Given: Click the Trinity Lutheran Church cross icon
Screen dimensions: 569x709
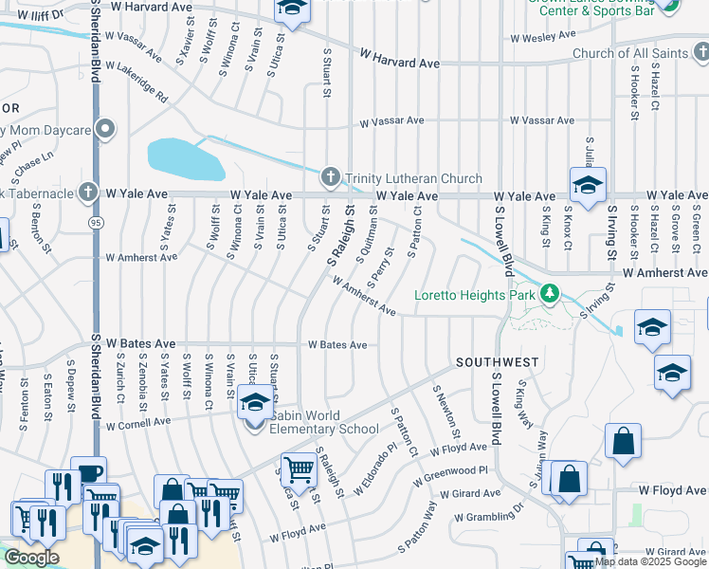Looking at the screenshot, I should tap(330, 177).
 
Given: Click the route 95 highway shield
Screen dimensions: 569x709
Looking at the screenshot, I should tap(96, 222).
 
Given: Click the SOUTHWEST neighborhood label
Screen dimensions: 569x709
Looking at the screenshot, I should tap(497, 362).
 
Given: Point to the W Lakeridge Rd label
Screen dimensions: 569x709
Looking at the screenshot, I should tap(136, 83).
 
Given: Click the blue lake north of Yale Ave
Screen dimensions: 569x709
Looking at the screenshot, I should tap(185, 158).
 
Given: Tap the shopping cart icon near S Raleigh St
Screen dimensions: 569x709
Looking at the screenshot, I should tap(300, 468).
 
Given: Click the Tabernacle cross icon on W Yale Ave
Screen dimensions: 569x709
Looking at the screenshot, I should tap(88, 193).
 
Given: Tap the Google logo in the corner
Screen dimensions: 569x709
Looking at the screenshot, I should tap(30, 558).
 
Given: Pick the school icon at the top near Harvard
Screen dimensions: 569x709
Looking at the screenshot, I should tap(292, 9).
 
